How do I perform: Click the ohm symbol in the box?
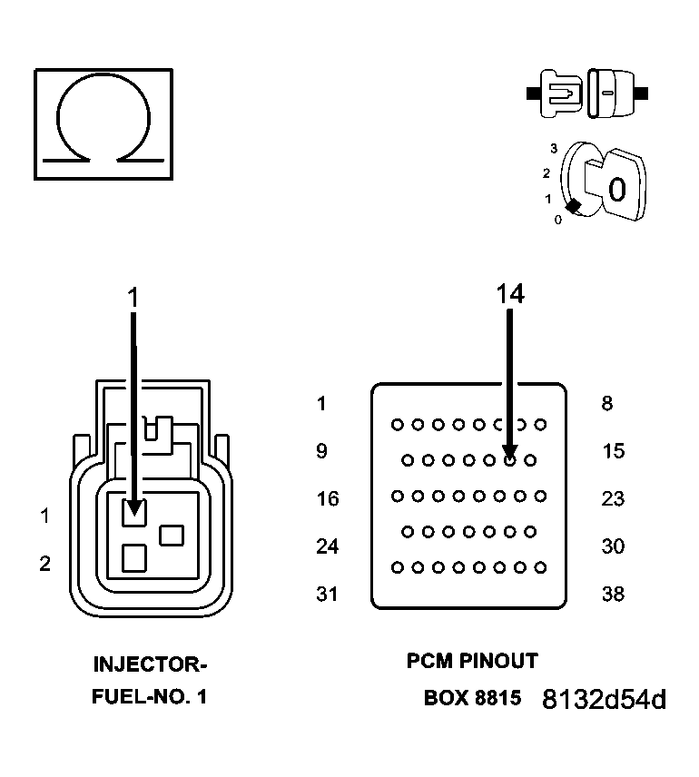[x=103, y=122]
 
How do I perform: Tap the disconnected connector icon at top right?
[x=586, y=93]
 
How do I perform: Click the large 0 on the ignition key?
[x=616, y=190]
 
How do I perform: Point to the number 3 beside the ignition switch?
[x=553, y=147]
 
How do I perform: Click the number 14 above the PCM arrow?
[x=509, y=293]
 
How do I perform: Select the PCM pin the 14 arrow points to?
[x=510, y=460]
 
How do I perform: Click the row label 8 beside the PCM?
[x=606, y=404]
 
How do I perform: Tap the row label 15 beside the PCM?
[x=614, y=451]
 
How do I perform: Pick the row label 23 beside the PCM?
[x=614, y=499]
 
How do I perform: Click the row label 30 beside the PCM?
[x=614, y=546]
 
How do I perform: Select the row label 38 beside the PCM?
[x=614, y=595]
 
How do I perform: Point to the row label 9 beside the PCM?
[x=321, y=451]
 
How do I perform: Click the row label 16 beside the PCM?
[x=327, y=499]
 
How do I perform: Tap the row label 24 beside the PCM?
[x=327, y=546]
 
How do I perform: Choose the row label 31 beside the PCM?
[x=327, y=595]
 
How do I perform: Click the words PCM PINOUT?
[x=472, y=662]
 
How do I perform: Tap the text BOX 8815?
[x=472, y=699]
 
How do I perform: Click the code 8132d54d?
[x=604, y=700]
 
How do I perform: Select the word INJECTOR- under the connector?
[x=150, y=664]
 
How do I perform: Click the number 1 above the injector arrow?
[x=133, y=297]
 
